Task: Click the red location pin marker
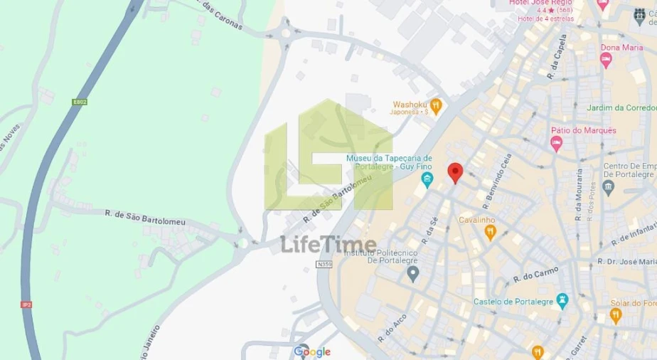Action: click(x=455, y=172)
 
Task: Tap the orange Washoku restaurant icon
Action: click(x=437, y=107)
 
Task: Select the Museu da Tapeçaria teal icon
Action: click(x=427, y=179)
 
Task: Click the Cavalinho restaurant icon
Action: click(x=490, y=233)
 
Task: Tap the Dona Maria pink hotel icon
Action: click(x=606, y=60)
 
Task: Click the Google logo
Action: click(x=312, y=351)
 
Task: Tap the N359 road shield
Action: click(x=324, y=264)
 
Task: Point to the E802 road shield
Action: click(x=80, y=102)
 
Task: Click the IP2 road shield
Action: click(x=27, y=305)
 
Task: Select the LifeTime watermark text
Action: click(x=328, y=244)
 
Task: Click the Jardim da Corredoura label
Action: click(x=621, y=108)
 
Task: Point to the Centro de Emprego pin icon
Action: click(x=608, y=187)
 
